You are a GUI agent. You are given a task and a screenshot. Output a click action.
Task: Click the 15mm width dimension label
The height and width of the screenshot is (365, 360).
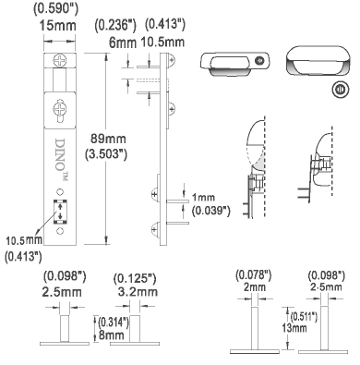click(57, 26)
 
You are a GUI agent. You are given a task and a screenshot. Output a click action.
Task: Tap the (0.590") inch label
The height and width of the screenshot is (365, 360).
click(55, 8)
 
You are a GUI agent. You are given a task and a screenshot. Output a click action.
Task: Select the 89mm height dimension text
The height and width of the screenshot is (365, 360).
click(108, 139)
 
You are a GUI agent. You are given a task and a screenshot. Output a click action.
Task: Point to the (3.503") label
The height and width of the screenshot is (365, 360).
click(106, 153)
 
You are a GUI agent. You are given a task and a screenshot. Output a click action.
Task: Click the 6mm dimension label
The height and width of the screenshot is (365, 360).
click(123, 43)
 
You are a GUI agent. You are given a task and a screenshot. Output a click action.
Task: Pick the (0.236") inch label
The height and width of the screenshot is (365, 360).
click(115, 25)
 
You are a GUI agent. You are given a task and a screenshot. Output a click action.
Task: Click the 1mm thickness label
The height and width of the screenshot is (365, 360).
click(204, 197)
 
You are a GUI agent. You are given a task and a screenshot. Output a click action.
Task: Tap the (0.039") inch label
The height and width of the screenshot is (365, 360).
click(210, 211)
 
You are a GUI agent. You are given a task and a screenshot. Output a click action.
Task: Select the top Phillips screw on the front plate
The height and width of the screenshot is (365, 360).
click(60, 60)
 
